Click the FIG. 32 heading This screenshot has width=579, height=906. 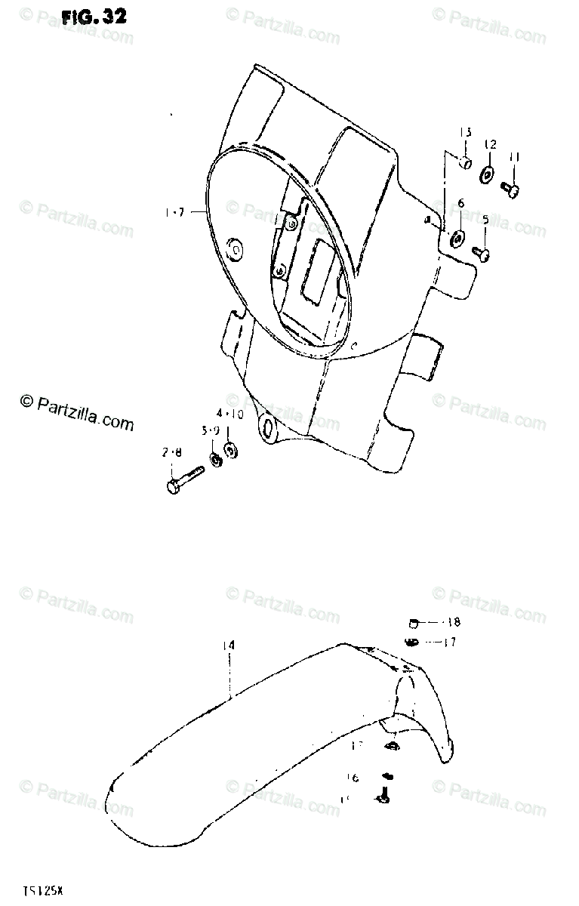[94, 17]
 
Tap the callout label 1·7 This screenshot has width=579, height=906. [174, 213]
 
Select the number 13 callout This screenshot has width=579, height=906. [466, 133]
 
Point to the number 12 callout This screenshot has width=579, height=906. [490, 143]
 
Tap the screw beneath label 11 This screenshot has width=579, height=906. [512, 189]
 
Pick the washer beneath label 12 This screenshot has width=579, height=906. [487, 176]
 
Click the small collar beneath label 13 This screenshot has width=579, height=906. [466, 162]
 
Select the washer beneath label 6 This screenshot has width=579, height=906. [457, 239]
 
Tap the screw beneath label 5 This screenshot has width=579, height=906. [480, 251]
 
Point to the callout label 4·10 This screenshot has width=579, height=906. [229, 414]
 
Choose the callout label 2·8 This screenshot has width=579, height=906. [171, 453]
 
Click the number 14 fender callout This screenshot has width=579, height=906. [229, 646]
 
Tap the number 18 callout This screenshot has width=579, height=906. [453, 623]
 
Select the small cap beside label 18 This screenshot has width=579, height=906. [413, 623]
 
